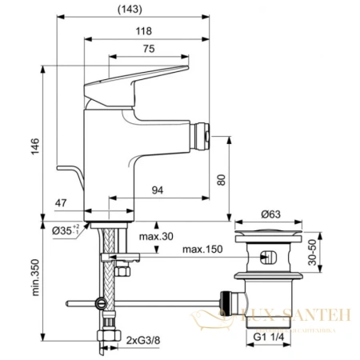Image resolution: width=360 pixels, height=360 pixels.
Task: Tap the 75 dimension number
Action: coord(149,50)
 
